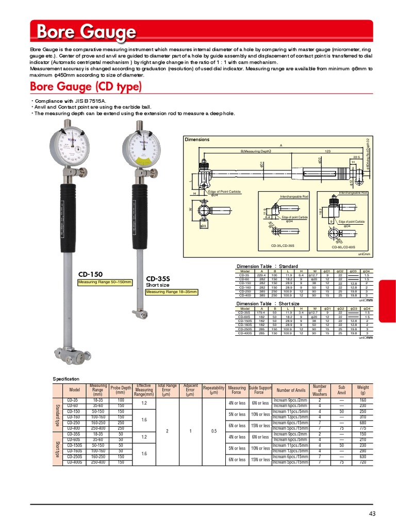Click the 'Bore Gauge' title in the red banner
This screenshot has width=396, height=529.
tap(86, 33)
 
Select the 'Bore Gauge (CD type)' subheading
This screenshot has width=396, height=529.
tap(86, 86)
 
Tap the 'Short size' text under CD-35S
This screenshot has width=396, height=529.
tap(158, 285)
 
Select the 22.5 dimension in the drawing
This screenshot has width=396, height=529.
tap(357, 157)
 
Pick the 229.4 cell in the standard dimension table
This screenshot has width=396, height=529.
tap(261, 275)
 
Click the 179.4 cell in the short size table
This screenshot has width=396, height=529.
tap(261, 313)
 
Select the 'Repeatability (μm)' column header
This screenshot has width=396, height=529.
tap(213, 390)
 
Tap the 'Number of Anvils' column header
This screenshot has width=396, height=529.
tap(290, 390)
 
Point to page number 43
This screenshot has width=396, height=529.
tap(373, 513)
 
